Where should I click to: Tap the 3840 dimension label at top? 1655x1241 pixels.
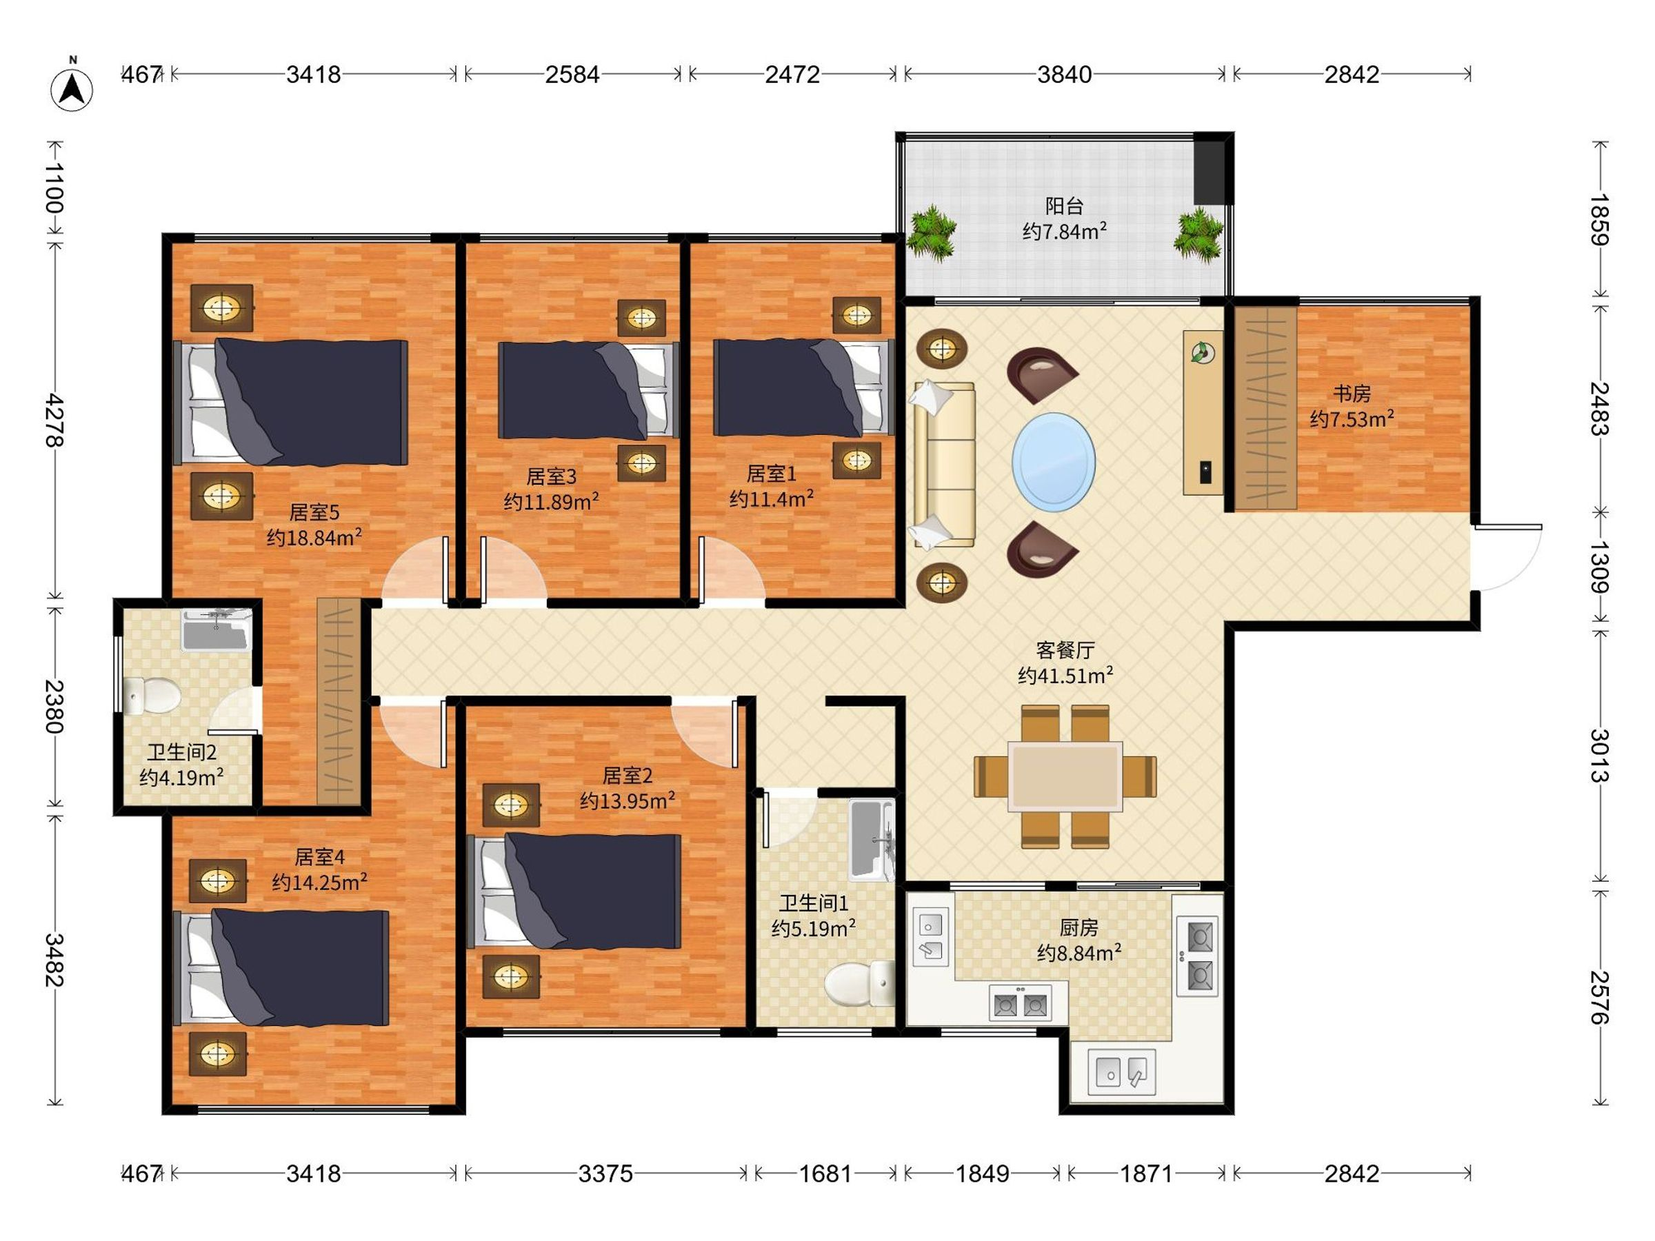(1064, 74)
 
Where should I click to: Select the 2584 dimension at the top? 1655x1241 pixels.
(572, 74)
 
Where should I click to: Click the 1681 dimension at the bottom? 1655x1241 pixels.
(825, 1173)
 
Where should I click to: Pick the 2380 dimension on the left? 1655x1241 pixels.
(54, 706)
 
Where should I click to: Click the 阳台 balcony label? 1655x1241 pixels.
(1064, 205)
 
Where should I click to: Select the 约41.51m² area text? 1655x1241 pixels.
(1065, 675)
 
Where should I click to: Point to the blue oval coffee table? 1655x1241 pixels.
(1054, 461)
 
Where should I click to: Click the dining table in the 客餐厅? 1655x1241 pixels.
(1065, 776)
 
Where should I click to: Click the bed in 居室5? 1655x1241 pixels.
(291, 403)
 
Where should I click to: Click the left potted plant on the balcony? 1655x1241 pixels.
(932, 234)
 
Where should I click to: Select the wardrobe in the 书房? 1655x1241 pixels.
(1265, 407)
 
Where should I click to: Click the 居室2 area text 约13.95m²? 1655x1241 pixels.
(628, 800)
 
